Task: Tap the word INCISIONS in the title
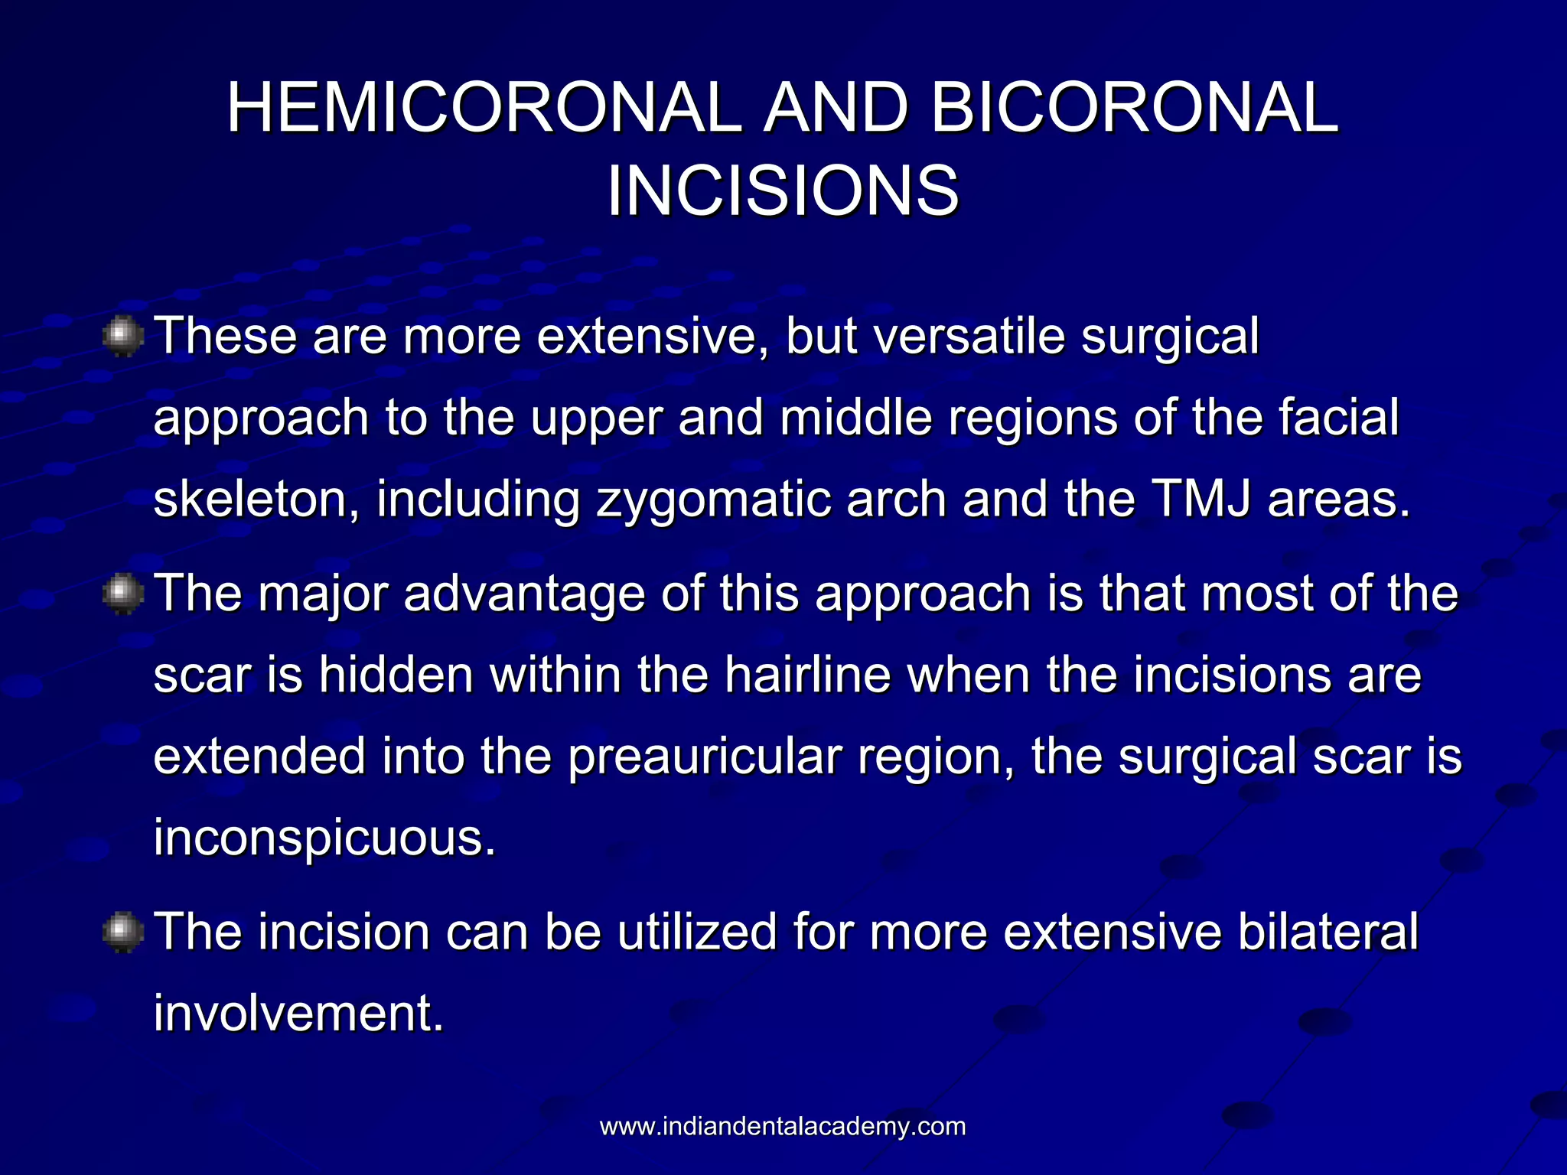coord(783,191)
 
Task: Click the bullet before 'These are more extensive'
coord(122,337)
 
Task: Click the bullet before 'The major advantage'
coord(122,595)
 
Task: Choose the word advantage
coord(524,595)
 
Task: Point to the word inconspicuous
coord(324,839)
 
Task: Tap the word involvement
coord(298,1014)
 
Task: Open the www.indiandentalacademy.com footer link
coord(783,1127)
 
